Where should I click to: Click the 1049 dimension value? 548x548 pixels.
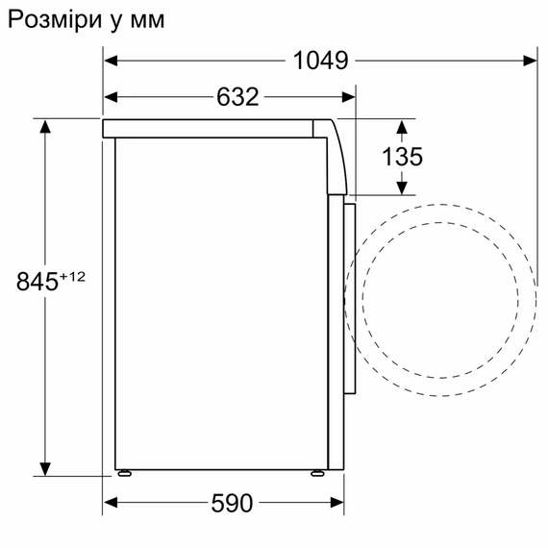coord(319,61)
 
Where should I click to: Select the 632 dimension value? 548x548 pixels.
coord(232,96)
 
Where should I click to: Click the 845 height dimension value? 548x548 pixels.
coord(37,283)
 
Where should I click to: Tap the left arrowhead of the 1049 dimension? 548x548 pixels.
coord(110,61)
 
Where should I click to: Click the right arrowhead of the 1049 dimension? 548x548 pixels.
coord(530,61)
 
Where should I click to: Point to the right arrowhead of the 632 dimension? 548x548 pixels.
coord(349,96)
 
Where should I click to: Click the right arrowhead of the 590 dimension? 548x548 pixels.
coord(338,502)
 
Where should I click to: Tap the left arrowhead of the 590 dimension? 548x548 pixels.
coord(110,502)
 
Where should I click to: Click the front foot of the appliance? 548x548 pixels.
coord(317,473)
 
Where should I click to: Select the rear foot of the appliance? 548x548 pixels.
coord(123,473)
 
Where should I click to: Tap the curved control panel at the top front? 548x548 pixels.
coord(336,154)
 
